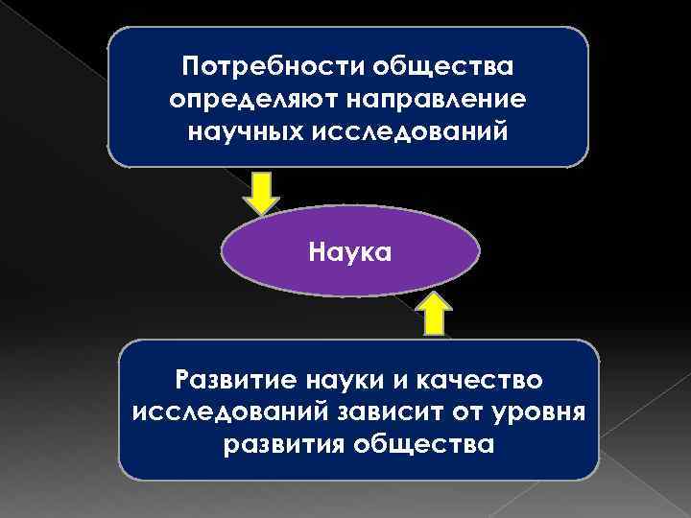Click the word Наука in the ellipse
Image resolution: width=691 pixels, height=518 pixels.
coord(349,253)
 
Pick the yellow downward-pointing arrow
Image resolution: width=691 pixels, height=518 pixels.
coord(260,192)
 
